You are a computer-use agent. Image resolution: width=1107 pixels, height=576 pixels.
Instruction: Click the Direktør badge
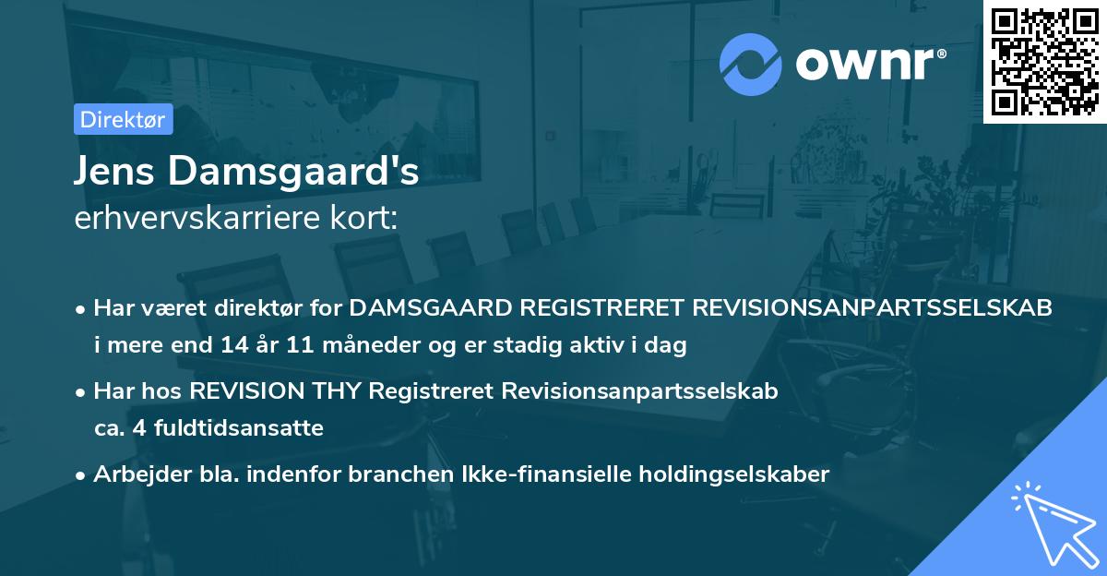(123, 119)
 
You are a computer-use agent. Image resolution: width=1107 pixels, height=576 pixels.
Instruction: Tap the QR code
(1044, 62)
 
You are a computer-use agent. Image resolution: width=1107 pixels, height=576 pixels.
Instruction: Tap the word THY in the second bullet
(339, 390)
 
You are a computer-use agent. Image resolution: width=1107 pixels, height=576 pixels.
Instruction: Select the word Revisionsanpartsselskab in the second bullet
(639, 390)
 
